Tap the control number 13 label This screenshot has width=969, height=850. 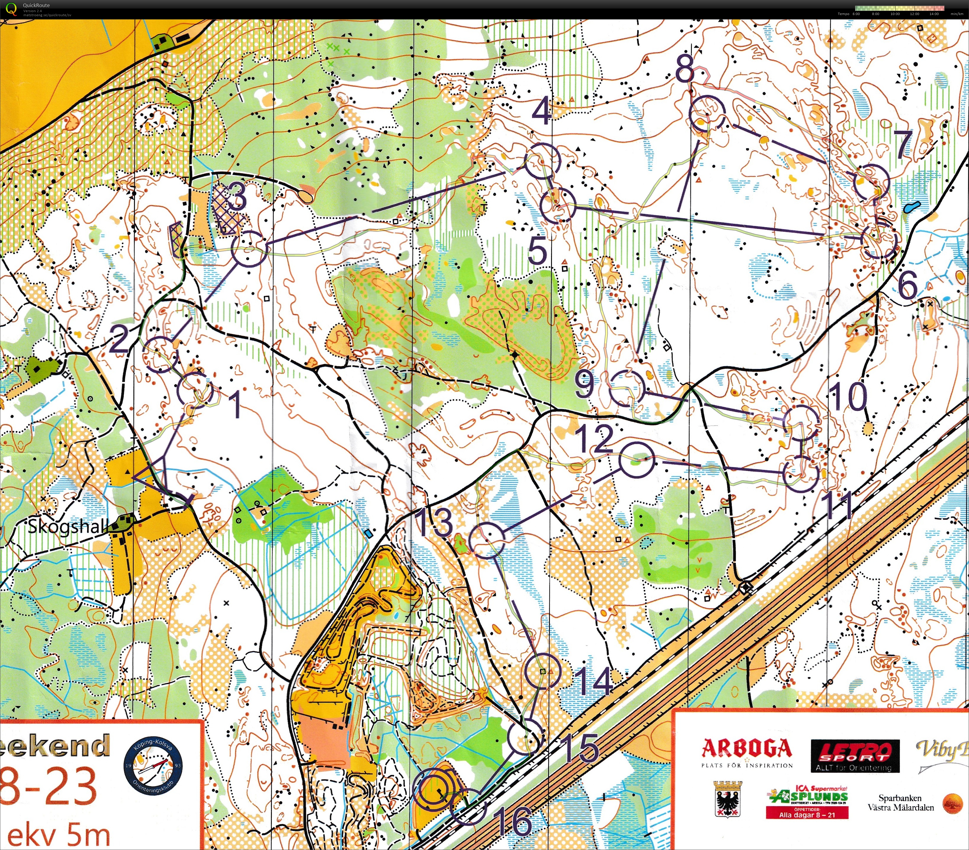click(x=434, y=522)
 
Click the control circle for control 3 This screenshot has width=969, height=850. click(x=249, y=248)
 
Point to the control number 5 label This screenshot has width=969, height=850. click(x=537, y=251)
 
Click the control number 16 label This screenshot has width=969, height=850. click(x=515, y=822)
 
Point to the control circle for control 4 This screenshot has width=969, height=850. click(x=542, y=161)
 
